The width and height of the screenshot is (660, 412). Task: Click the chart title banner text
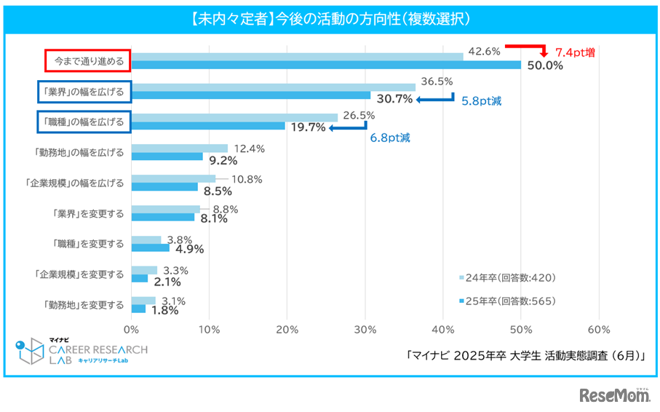click(x=330, y=17)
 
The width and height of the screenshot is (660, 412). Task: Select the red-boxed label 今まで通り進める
click(x=88, y=61)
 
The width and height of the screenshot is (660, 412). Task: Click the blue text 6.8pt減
click(x=390, y=138)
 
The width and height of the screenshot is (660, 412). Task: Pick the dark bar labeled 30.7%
click(x=251, y=95)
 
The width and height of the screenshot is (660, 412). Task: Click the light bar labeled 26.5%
click(x=234, y=117)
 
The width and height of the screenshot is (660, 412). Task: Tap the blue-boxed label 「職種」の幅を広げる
click(x=84, y=122)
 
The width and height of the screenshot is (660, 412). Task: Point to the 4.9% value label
click(x=188, y=248)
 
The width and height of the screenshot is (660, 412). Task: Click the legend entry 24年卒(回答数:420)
click(x=512, y=277)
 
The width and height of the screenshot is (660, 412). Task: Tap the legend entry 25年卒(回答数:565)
click(x=512, y=301)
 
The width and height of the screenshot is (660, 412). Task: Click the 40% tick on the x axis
click(x=443, y=330)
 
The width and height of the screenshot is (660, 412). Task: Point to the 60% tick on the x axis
click(x=598, y=330)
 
